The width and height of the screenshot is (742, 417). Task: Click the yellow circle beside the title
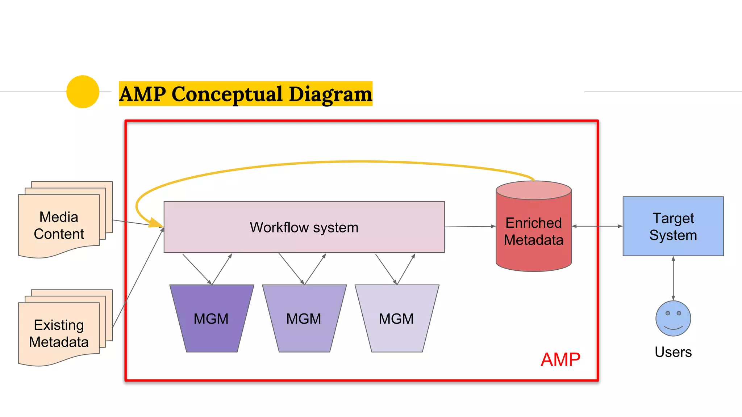coord(83,92)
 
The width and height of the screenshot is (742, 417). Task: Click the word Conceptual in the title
coord(227,94)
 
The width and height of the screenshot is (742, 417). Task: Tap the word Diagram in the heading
coord(330,94)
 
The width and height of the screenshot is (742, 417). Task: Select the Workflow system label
coord(304,227)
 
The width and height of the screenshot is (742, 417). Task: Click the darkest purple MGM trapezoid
coord(211,319)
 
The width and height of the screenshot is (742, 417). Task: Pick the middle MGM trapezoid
coord(304,319)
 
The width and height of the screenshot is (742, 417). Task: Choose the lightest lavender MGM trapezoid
coord(396,319)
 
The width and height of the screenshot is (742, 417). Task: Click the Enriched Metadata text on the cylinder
coord(533,232)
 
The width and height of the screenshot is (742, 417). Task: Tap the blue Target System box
coord(673,227)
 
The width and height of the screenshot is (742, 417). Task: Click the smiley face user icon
coord(673,319)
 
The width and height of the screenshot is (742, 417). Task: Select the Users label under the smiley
coord(673,352)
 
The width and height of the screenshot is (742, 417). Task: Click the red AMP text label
coord(560,360)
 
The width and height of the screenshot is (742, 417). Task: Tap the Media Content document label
coord(59,226)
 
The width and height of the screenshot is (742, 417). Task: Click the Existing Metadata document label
coord(59,333)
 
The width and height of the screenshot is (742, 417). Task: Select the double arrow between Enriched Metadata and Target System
coord(597,226)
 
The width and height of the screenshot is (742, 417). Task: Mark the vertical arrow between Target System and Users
coord(673,278)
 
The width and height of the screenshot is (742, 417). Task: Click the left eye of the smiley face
coord(667,313)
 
